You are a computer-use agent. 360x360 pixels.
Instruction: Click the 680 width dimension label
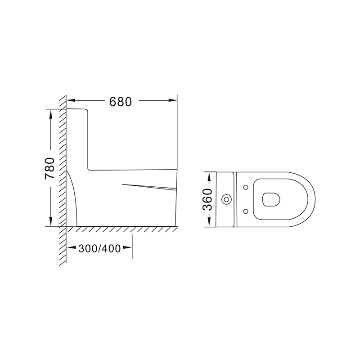click(x=120, y=102)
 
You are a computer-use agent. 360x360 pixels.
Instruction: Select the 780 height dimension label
click(x=50, y=168)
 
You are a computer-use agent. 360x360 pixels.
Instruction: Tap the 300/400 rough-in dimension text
click(x=99, y=248)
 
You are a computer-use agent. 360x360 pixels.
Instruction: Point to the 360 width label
click(x=207, y=199)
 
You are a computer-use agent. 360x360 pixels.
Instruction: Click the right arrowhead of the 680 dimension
click(x=172, y=100)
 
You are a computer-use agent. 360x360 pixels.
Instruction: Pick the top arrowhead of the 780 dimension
click(x=50, y=114)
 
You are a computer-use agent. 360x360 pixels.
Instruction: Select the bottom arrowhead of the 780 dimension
click(x=50, y=222)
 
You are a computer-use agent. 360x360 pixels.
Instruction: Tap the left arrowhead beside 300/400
click(x=72, y=247)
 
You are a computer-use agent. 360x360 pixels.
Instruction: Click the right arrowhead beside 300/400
click(x=127, y=247)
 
